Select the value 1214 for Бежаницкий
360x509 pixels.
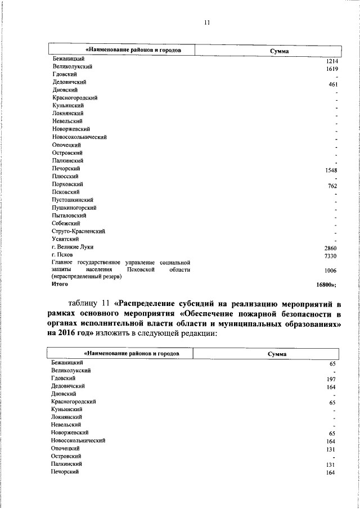point(332,61)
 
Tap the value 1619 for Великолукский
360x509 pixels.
point(332,69)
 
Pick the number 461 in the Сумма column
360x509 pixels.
point(334,84)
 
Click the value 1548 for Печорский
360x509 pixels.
point(332,170)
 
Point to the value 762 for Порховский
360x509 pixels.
point(334,186)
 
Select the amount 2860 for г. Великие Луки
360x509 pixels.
point(332,248)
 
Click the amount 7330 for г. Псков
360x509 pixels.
point(332,256)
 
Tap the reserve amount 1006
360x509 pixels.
point(332,271)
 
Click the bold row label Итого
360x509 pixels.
point(60,285)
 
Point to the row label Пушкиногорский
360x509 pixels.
point(74,208)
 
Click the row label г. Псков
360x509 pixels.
point(62,255)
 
